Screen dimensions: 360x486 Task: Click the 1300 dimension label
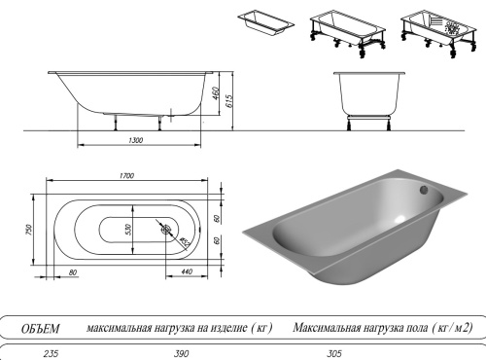click(x=135, y=142)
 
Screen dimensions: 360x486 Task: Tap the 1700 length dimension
click(x=126, y=176)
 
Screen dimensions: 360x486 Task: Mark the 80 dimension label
click(x=74, y=270)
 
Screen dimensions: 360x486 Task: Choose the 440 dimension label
click(x=185, y=270)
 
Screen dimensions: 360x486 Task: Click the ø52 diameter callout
click(x=183, y=239)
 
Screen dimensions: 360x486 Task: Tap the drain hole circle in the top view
click(x=165, y=231)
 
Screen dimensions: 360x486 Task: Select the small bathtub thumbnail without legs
click(x=266, y=25)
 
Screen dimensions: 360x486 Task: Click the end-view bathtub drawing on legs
click(x=368, y=97)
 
